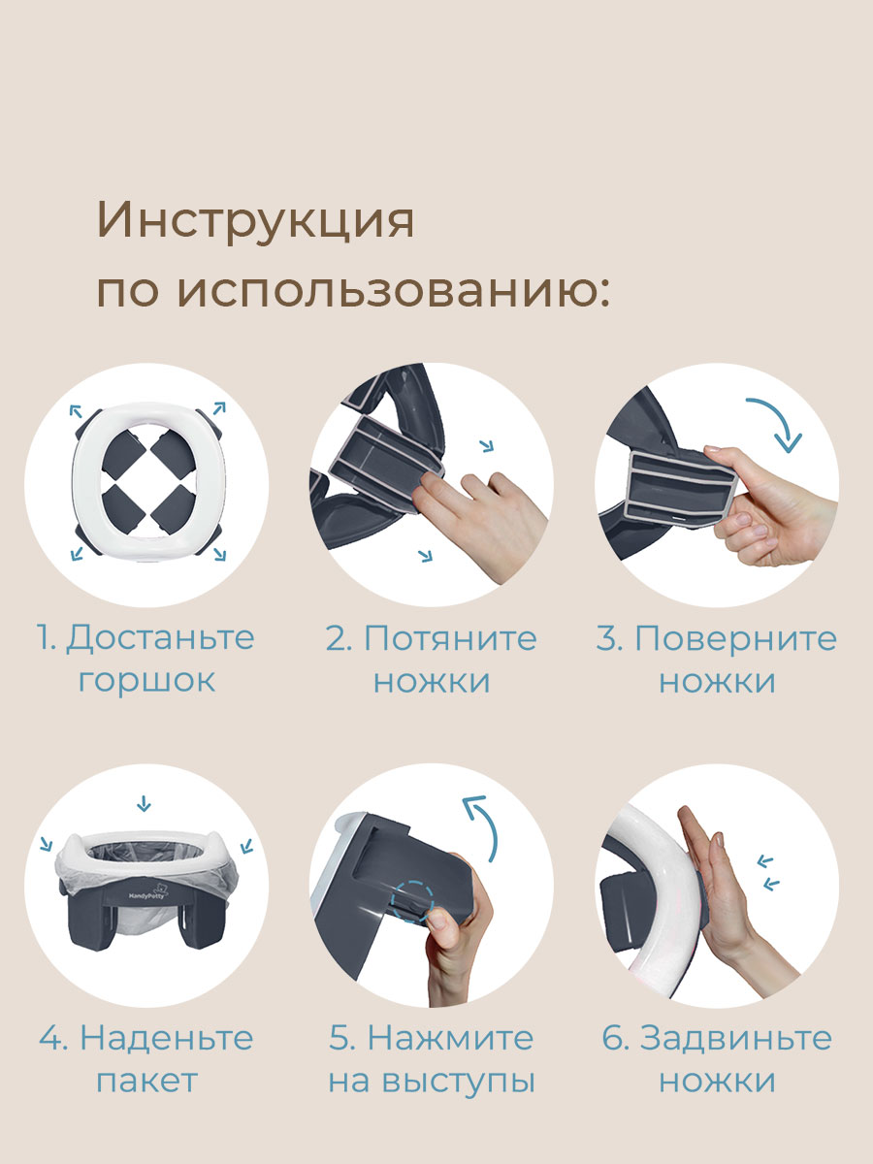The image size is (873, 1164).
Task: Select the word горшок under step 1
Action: pyautogui.click(x=146, y=680)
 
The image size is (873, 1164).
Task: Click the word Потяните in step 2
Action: pyautogui.click(x=450, y=638)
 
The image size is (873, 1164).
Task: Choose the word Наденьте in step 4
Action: pyautogui.click(x=167, y=1038)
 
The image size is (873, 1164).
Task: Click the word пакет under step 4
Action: pyautogui.click(x=146, y=1080)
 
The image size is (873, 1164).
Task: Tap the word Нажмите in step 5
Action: pyautogui.click(x=450, y=1038)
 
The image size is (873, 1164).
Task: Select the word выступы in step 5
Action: pyautogui.click(x=464, y=1080)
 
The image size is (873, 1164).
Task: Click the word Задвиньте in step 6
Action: pyautogui.click(x=735, y=1038)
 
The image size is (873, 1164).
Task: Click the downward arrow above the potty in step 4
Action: pyautogui.click(x=145, y=803)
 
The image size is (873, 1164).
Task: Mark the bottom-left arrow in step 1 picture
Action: pyautogui.click(x=76, y=552)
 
